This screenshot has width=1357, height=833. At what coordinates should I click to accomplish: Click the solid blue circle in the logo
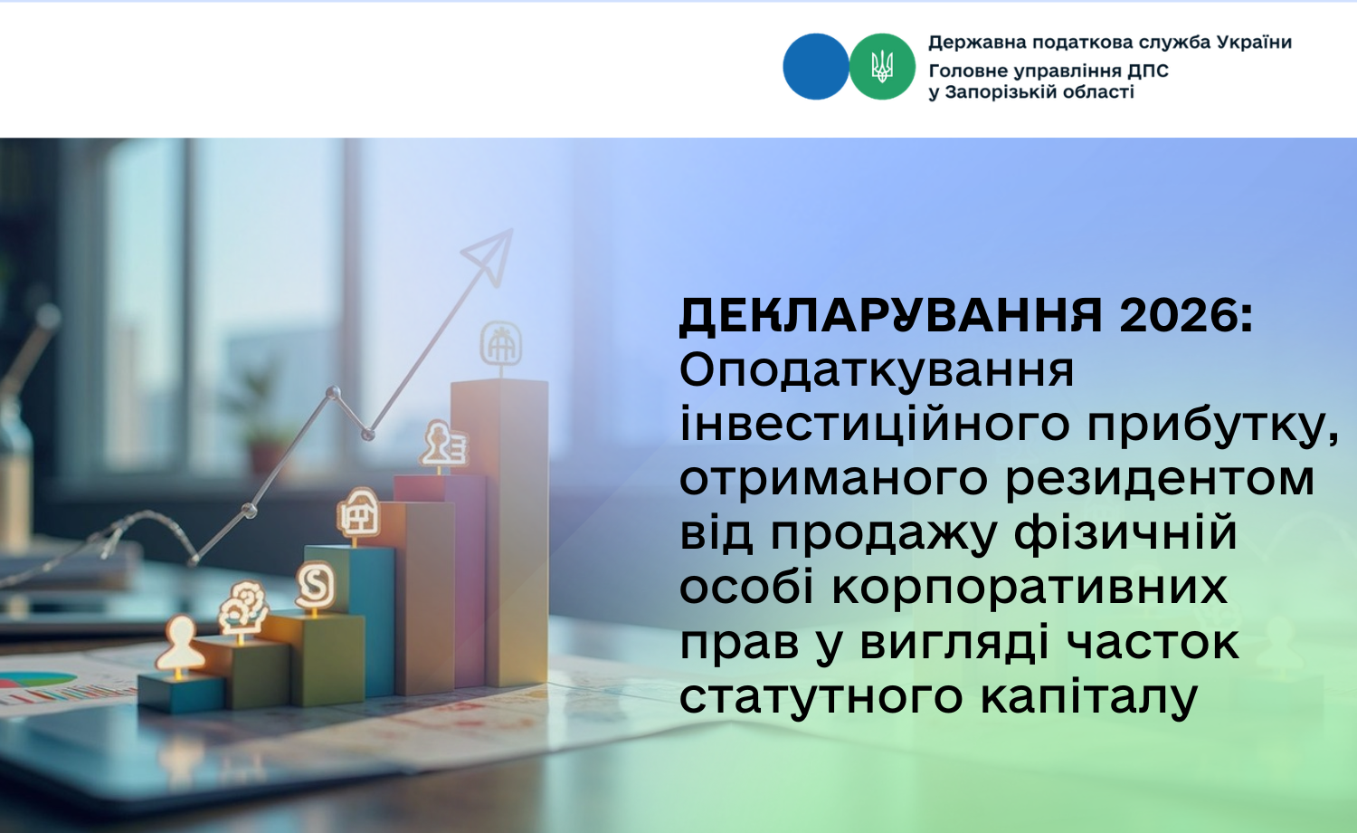click(x=815, y=67)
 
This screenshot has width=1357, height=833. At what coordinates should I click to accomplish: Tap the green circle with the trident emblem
click(x=882, y=67)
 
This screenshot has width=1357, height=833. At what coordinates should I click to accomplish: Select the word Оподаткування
click(x=877, y=371)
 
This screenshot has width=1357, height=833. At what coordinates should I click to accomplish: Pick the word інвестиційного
click(x=875, y=425)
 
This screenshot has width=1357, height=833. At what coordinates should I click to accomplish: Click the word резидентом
click(x=1160, y=480)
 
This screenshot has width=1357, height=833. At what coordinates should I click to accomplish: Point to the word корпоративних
click(x=1030, y=588)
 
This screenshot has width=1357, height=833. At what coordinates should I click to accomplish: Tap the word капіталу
click(x=1089, y=697)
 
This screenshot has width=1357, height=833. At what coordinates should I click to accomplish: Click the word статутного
click(x=821, y=697)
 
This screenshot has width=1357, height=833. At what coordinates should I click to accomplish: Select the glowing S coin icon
click(x=316, y=585)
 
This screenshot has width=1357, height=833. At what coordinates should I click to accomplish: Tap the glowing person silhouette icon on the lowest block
click(x=180, y=644)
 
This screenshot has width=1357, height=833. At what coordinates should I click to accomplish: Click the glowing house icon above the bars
click(x=358, y=514)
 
